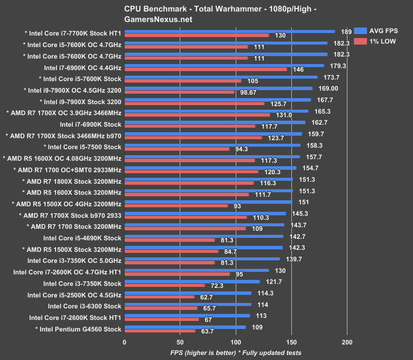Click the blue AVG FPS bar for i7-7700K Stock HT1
pos(229,31)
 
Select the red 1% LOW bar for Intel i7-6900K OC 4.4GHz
pos(205,69)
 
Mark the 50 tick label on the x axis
pos(180,342)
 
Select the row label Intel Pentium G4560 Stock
pos(78,329)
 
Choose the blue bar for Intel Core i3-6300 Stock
pos(188,304)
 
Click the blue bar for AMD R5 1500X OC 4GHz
pos(208,202)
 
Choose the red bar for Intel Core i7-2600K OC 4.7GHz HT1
pos(177,274)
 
